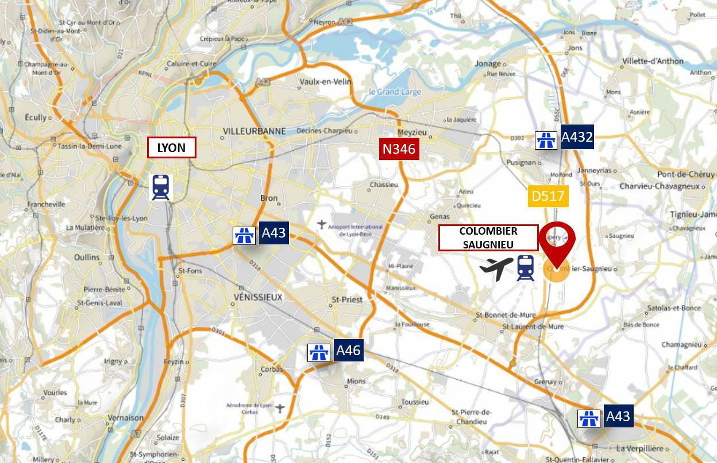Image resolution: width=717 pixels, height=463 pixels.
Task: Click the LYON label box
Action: click(x=172, y=147)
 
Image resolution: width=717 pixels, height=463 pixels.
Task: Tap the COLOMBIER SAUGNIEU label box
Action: click(x=488, y=238)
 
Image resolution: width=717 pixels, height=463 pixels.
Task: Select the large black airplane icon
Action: click(x=496, y=268)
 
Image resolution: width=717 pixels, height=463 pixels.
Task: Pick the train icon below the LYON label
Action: click(x=161, y=188)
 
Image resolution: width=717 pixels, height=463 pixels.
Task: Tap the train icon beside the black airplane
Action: click(x=525, y=268)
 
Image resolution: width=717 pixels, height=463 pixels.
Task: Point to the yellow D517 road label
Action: click(x=548, y=196)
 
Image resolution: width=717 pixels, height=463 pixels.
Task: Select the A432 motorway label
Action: click(x=577, y=137)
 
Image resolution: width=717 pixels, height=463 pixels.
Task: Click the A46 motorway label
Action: click(x=348, y=351)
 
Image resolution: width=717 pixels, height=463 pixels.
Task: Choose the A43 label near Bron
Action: click(x=273, y=233)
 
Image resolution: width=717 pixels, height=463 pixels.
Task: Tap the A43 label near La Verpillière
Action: click(x=618, y=416)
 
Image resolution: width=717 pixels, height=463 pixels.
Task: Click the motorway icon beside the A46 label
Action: click(x=318, y=352)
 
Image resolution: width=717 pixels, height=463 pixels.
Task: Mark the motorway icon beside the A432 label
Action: click(x=546, y=140)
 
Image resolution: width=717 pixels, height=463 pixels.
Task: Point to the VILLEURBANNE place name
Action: click(x=254, y=131)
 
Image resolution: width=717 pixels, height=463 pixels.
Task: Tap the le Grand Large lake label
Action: click(x=395, y=92)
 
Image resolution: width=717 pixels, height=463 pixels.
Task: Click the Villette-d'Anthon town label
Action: click(x=653, y=61)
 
